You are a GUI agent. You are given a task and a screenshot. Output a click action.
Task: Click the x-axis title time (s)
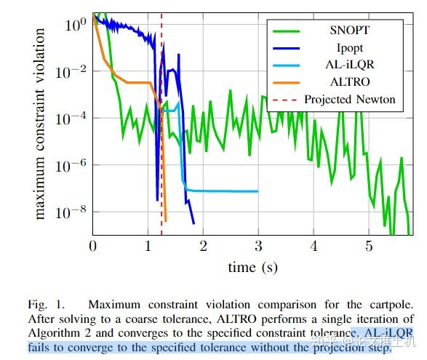(252, 267)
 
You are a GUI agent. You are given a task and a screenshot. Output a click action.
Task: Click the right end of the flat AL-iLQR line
(258, 191)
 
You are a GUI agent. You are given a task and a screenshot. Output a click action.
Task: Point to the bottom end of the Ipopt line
(193, 223)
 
